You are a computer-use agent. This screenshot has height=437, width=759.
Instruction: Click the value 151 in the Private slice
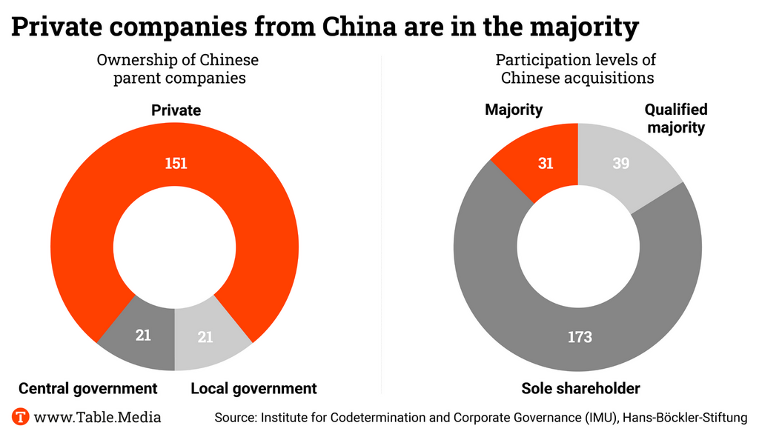(176, 163)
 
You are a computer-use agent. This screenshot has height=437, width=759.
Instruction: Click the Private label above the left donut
(176, 110)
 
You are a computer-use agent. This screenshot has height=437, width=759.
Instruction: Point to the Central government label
(87, 388)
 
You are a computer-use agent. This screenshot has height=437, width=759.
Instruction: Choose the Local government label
(253, 388)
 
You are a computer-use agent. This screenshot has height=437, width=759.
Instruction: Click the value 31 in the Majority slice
(546, 163)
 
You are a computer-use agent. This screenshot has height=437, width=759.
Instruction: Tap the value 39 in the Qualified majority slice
(621, 163)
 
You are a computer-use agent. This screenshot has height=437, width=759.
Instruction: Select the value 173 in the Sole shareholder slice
(580, 337)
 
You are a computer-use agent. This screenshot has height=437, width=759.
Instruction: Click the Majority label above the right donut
(514, 110)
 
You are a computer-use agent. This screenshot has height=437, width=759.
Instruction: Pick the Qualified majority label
(675, 119)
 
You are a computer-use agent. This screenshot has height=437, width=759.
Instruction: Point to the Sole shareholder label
(580, 388)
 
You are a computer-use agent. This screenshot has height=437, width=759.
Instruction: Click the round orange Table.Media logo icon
(21, 417)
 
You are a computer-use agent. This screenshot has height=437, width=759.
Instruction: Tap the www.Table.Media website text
(98, 417)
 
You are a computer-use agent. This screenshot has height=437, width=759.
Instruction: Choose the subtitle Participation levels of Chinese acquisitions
(576, 68)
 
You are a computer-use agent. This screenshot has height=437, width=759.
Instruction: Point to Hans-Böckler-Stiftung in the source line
(685, 418)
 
